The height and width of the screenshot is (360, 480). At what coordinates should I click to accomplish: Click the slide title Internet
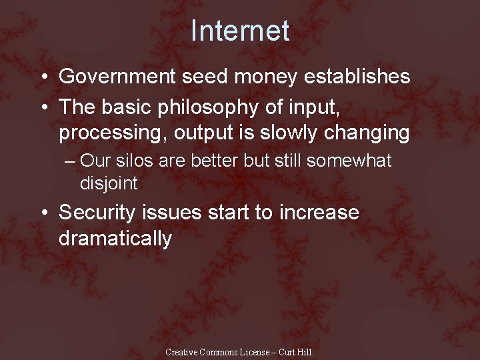coord(240,31)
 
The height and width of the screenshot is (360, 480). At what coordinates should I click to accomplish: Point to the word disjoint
coord(109,182)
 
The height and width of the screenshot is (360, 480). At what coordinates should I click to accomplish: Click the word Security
coord(97,213)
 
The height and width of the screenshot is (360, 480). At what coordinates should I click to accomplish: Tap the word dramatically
coord(115,239)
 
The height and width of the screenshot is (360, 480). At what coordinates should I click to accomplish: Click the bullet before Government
coord(44,77)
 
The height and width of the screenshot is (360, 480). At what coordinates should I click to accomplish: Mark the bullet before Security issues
coord(44,213)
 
